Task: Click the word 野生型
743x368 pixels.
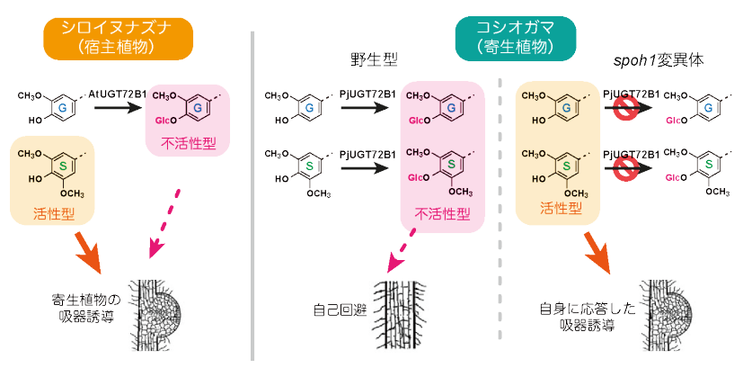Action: point(375,61)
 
